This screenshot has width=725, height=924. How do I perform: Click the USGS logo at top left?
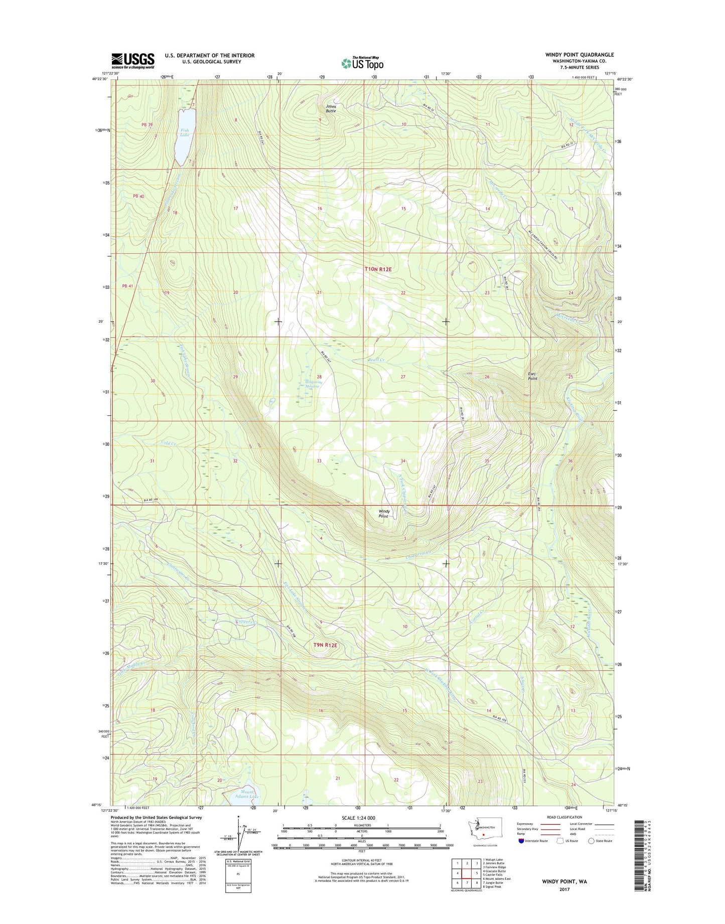coord(132,61)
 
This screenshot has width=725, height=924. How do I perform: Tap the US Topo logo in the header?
coord(362,63)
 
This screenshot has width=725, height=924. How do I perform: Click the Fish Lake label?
coord(185,132)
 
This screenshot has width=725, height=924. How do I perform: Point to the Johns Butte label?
coord(331,108)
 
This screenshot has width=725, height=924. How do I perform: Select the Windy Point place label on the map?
coord(384,513)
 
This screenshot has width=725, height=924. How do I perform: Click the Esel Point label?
coord(532,376)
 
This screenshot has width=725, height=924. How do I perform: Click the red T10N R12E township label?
coord(378,269)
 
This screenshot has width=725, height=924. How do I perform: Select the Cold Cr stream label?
coord(169,443)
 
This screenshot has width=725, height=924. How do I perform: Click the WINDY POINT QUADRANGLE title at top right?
coord(572,55)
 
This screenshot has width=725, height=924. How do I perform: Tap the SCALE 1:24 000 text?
coord(358,818)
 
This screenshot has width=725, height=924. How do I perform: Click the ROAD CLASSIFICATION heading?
coord(564,817)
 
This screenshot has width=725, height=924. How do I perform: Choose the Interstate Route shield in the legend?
coord(521,841)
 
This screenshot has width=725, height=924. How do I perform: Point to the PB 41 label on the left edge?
coord(127,286)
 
